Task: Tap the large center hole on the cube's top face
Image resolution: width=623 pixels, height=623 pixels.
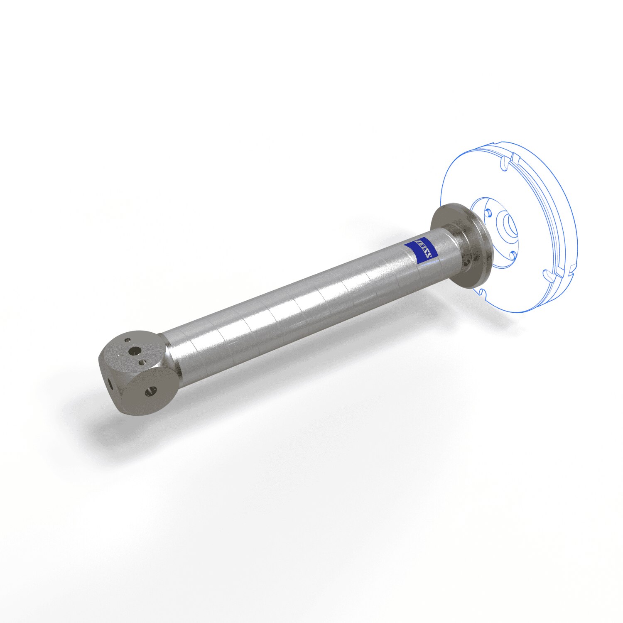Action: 134,351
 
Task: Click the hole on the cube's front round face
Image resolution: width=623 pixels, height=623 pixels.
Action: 150,390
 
